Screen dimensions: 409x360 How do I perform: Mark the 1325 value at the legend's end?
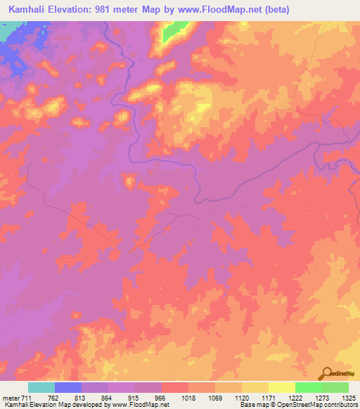[x=347, y=399]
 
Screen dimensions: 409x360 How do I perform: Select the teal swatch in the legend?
[x=41, y=387]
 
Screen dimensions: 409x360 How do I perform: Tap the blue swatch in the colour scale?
[x=68, y=387]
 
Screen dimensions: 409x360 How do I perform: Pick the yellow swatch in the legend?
[x=281, y=387]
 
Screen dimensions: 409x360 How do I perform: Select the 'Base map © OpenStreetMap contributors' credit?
[x=296, y=405]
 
